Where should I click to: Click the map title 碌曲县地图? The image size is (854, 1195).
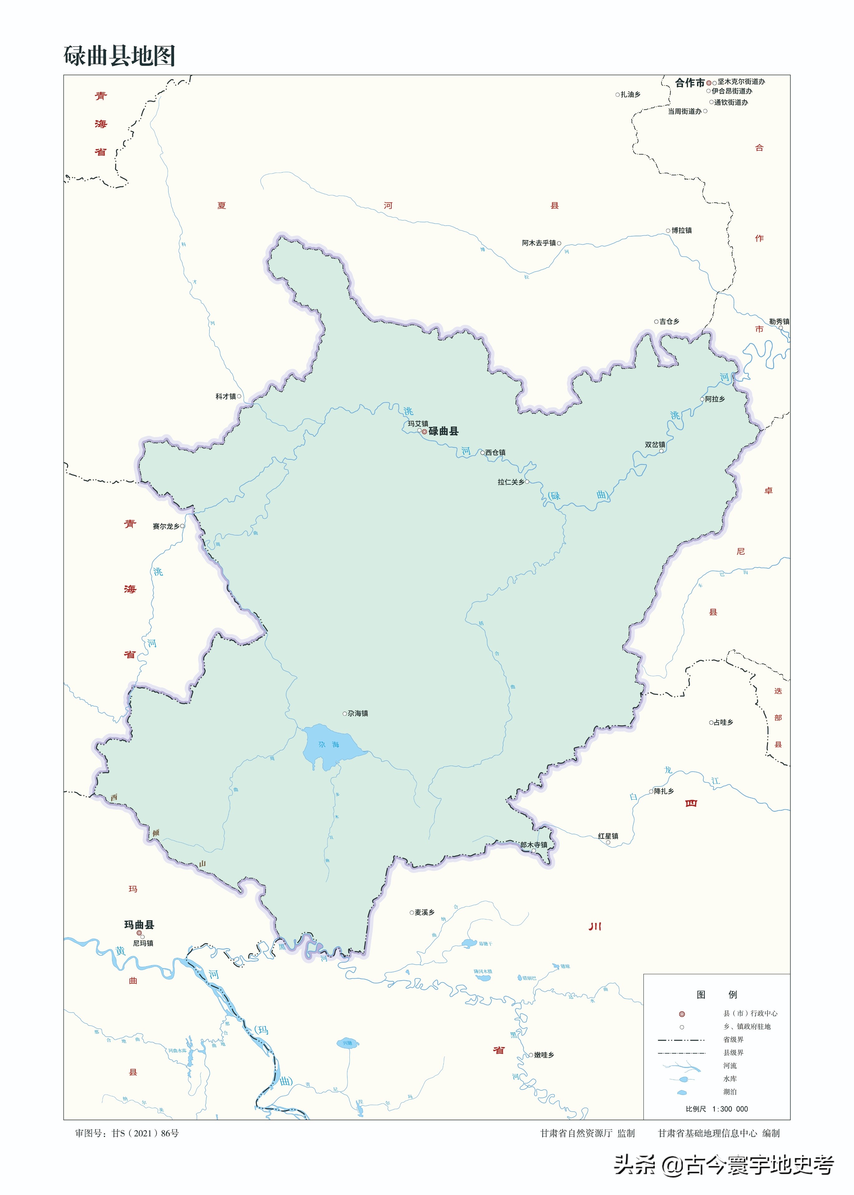click(x=120, y=56)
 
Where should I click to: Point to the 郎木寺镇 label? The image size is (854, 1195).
click(x=534, y=845)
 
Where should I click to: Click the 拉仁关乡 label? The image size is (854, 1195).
click(x=510, y=482)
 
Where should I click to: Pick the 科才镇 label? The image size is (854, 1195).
click(x=226, y=397)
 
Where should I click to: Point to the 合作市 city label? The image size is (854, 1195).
click(x=689, y=83)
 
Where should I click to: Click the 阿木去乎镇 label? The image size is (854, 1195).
click(x=539, y=243)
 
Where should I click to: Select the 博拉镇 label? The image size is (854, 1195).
click(x=681, y=230)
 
